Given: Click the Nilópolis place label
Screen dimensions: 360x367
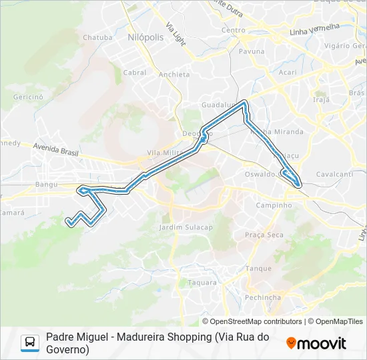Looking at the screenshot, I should [145, 38].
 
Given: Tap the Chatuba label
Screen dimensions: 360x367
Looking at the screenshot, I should [97, 37].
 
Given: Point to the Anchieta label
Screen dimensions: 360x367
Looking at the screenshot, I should [175, 74].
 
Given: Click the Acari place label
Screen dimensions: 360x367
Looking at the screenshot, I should [288, 72].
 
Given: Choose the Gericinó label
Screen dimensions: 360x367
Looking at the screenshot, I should [27, 97].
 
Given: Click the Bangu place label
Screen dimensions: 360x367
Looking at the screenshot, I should [47, 183].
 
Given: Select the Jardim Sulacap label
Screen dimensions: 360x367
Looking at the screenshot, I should [186, 227].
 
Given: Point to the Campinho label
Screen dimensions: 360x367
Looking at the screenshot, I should [274, 205].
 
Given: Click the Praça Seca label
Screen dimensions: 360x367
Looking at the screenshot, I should [264, 235].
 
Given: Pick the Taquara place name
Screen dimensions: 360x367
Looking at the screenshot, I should [202, 283].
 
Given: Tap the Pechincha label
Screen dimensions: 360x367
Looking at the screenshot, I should [262, 297].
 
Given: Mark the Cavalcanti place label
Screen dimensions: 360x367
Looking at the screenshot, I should [334, 174].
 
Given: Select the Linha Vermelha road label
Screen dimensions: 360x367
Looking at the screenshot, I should [315, 30].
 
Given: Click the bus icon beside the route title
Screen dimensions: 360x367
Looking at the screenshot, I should [30, 343].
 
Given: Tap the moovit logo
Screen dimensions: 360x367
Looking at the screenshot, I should [316, 343].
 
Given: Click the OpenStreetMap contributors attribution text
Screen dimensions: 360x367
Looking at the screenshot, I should [257, 321].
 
